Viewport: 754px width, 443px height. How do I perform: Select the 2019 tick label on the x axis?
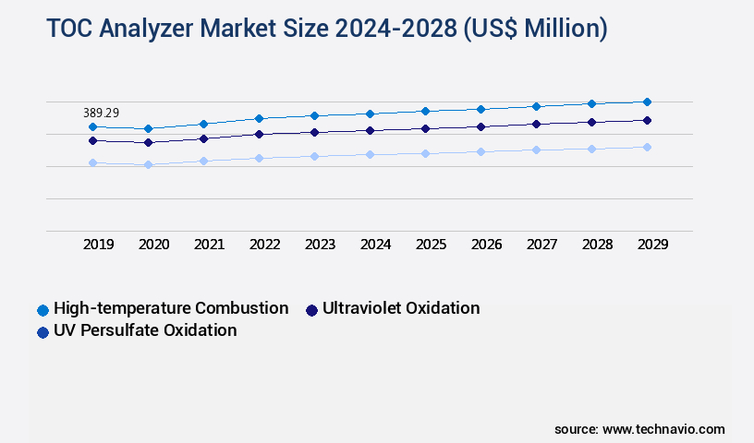99,245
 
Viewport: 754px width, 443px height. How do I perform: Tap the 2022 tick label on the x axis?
265,245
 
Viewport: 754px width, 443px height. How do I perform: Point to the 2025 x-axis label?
431,245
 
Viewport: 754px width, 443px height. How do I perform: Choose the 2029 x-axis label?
652,245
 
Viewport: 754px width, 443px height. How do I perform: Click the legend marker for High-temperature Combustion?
43,309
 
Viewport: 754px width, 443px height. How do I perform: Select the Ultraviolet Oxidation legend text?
400,308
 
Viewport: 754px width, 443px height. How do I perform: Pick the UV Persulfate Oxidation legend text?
145,330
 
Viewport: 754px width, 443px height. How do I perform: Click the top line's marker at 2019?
92,126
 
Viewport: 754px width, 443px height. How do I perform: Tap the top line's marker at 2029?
647,102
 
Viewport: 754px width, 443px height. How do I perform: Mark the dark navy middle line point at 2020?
148,143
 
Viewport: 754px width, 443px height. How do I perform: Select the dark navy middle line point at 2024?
370,130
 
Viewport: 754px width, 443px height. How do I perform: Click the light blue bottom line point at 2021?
203,161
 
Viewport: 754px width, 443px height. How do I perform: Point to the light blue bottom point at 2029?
647,147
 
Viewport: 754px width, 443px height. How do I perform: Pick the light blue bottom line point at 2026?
480,151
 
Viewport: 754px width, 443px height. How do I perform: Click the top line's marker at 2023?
314,115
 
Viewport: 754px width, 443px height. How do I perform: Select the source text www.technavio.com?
663,429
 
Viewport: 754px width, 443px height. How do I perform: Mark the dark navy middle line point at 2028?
591,122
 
